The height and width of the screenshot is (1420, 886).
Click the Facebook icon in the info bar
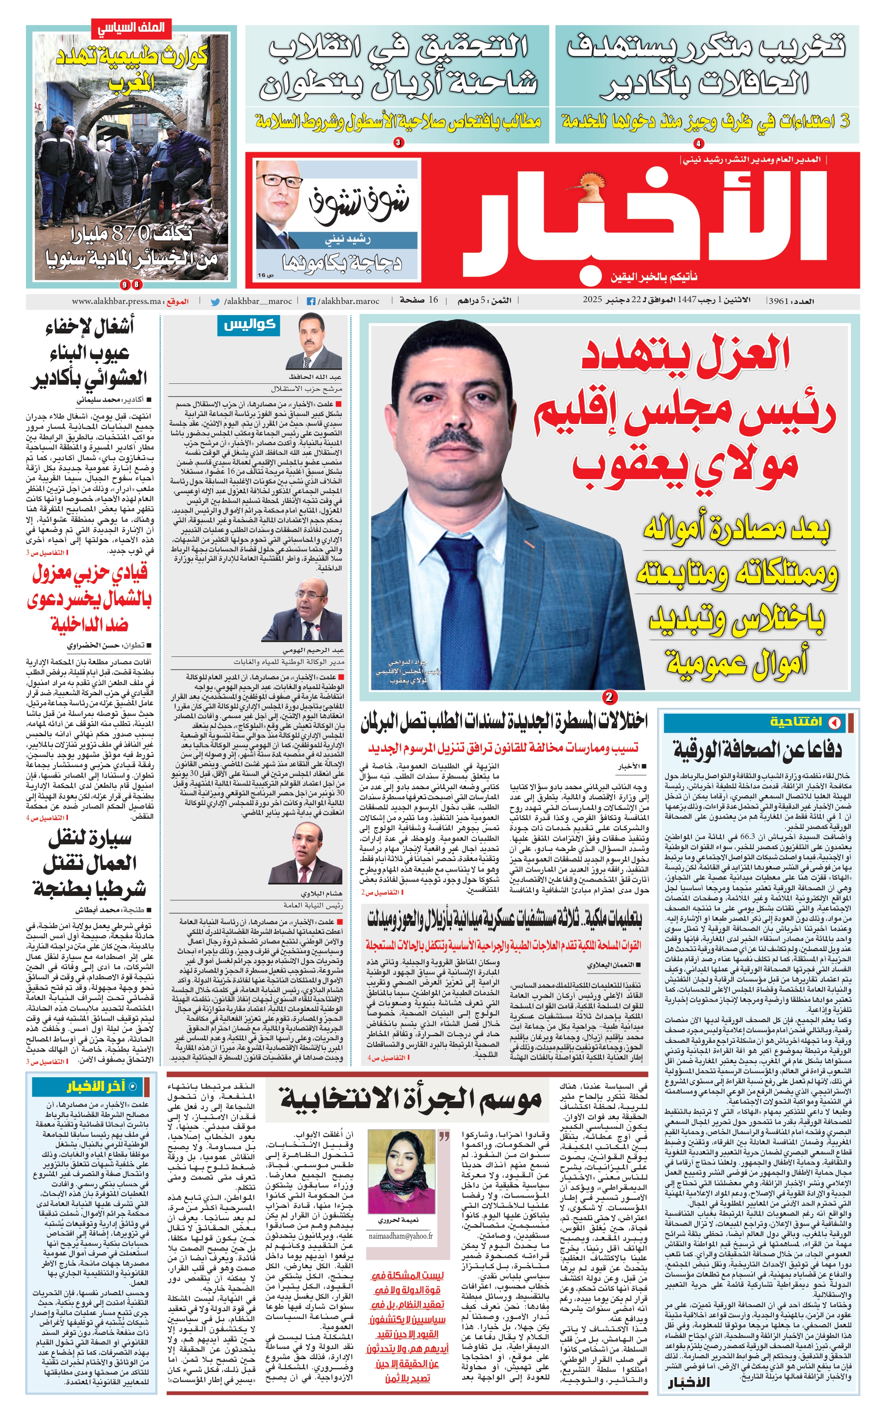311,301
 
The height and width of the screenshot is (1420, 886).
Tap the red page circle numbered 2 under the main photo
609,697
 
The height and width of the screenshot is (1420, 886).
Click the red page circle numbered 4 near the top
698,143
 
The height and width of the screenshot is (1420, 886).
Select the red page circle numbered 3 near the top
398,142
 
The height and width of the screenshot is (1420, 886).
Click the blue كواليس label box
249,325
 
